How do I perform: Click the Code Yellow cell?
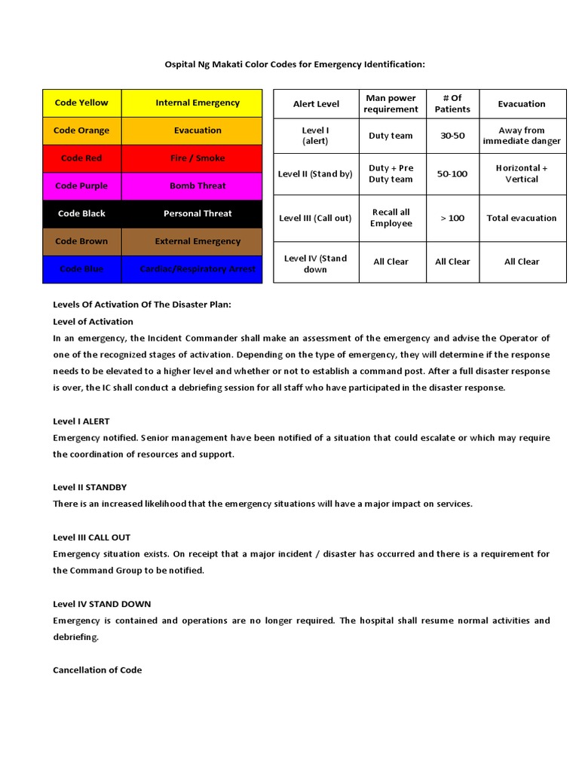81,103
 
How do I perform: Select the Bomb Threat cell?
198,185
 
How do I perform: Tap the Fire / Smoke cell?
198,158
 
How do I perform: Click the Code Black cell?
81,213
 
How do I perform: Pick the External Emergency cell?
198,241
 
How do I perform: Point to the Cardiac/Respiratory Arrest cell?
198,269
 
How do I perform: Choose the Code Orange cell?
81,130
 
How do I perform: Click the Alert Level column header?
316,104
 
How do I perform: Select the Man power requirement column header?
391,104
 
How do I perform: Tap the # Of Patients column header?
452,104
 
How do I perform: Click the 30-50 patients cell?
452,136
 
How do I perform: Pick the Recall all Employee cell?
391,218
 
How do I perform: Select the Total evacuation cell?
522,218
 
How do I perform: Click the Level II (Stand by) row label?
316,174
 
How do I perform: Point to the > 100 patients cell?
452,218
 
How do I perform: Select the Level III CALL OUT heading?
91,538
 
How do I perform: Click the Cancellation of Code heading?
97,670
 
